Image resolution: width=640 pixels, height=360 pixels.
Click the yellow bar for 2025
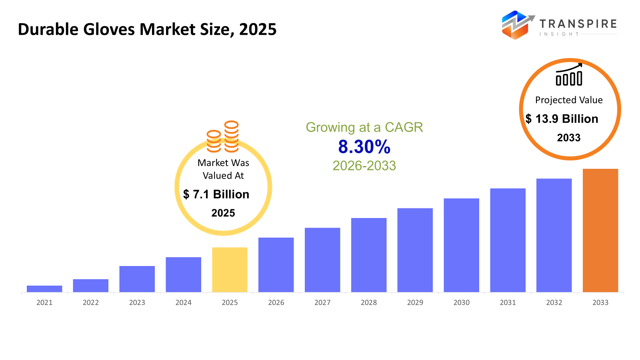(x=230, y=270)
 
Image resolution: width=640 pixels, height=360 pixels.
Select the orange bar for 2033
(x=600, y=230)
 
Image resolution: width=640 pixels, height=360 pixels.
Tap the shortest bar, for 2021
(x=44, y=288)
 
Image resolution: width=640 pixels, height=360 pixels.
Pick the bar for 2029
(x=415, y=250)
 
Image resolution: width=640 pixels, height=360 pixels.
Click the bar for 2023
(x=137, y=279)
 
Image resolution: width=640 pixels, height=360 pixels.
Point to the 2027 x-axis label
(x=322, y=302)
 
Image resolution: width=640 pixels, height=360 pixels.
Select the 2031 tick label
(x=508, y=302)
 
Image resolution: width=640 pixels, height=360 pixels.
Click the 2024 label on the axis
(x=183, y=302)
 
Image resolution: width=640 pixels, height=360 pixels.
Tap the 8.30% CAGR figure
(x=364, y=147)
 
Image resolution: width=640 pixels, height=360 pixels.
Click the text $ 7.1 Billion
(x=216, y=194)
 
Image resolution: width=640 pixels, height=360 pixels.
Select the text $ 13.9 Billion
(x=562, y=119)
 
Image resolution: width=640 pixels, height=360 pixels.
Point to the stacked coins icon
(x=223, y=137)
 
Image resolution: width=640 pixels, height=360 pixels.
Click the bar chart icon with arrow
(x=569, y=75)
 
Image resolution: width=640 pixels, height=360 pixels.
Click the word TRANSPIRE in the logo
(x=578, y=24)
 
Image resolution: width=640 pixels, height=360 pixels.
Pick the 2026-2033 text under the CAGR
(x=364, y=166)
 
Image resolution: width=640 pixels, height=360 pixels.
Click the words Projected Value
(x=569, y=100)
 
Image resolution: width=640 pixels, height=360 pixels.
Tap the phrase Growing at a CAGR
(x=364, y=127)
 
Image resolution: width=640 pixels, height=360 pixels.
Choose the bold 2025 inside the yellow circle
(x=223, y=213)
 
